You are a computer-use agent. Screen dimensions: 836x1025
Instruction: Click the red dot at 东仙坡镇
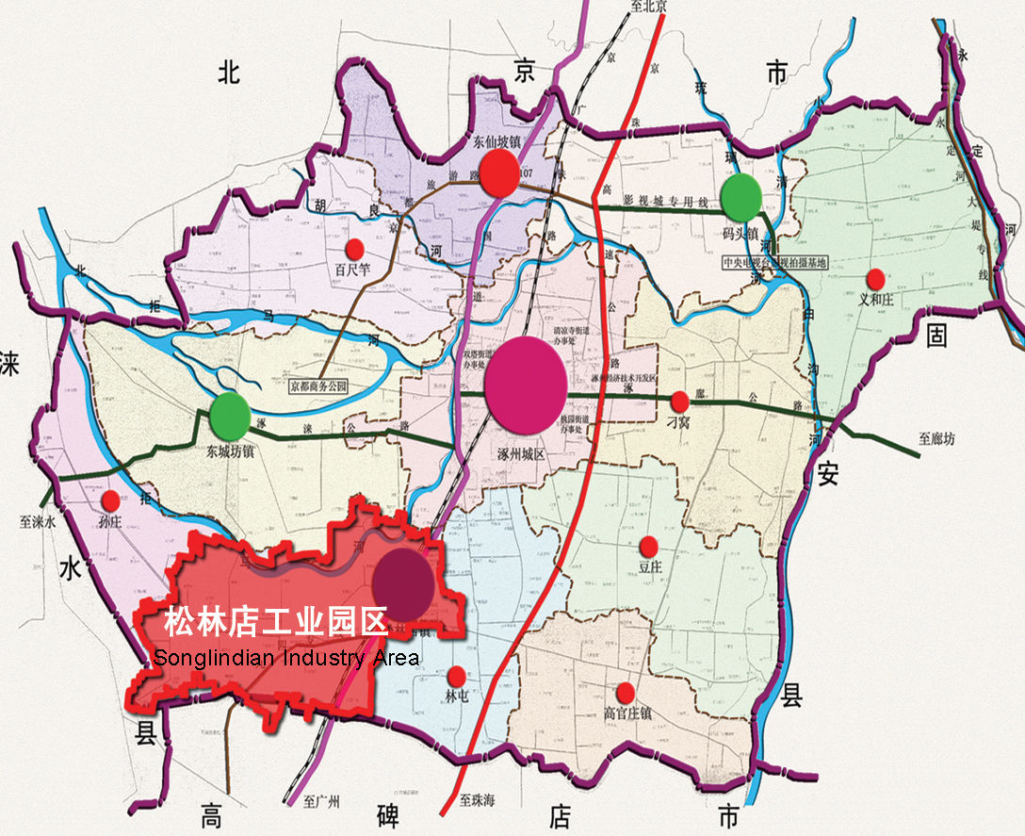pos(498,173)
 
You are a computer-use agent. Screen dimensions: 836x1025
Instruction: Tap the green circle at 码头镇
pos(741,197)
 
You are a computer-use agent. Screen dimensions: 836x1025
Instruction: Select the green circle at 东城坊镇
pos(230,414)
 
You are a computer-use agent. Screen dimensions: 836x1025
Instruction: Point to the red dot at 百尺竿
pos(354,249)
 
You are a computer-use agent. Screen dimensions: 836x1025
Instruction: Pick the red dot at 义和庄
pos(875,279)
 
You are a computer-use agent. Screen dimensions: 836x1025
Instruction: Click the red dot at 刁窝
pos(678,402)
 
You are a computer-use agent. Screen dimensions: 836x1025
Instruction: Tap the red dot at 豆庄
pos(648,546)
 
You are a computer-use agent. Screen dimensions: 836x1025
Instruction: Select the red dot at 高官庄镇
pos(626,693)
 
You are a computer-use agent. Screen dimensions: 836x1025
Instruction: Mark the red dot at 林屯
pos(457,676)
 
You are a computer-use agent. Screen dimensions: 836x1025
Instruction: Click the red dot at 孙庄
pos(110,500)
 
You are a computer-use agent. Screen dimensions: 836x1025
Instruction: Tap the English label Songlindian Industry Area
pos(285,657)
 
